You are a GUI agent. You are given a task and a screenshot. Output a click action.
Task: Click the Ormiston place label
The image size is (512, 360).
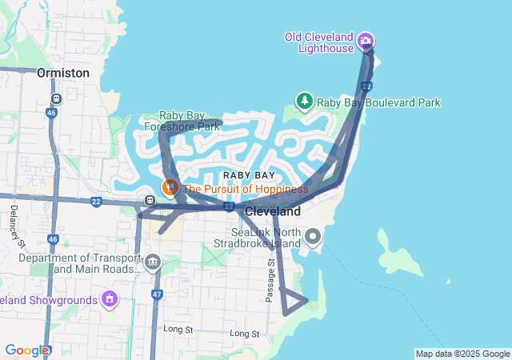(x=62, y=73)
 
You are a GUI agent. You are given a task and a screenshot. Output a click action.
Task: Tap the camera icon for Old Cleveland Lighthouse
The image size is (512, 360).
(x=366, y=41)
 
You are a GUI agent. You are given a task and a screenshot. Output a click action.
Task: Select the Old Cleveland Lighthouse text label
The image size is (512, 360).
(x=319, y=42)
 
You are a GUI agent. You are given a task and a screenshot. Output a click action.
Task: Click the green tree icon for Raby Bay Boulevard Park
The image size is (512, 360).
(x=304, y=102)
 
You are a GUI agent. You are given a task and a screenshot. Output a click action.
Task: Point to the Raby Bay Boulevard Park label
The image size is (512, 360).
(x=378, y=102)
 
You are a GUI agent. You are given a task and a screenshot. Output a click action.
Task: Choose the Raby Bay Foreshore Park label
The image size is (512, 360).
(x=182, y=121)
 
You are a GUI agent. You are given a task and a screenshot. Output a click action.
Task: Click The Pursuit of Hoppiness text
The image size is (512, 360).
(x=245, y=189)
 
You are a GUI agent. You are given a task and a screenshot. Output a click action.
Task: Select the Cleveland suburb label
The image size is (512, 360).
(x=272, y=211)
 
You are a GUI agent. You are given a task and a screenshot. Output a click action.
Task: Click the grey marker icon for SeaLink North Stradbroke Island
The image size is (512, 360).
(x=313, y=237)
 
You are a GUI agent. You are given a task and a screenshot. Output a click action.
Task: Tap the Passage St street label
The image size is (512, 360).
(x=270, y=280)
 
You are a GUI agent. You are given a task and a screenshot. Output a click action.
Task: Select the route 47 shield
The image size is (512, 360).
(x=157, y=295)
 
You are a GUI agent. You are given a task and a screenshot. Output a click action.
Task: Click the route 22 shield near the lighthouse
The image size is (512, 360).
(x=366, y=86)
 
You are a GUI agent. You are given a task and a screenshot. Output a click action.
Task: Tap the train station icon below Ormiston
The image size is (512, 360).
(x=56, y=98)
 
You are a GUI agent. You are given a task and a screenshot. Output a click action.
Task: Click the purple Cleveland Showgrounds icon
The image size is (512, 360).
(x=109, y=299)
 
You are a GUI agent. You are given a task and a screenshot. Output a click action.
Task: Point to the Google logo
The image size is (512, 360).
(x=26, y=350)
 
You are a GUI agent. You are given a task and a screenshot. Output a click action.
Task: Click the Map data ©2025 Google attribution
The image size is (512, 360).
(x=462, y=354)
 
